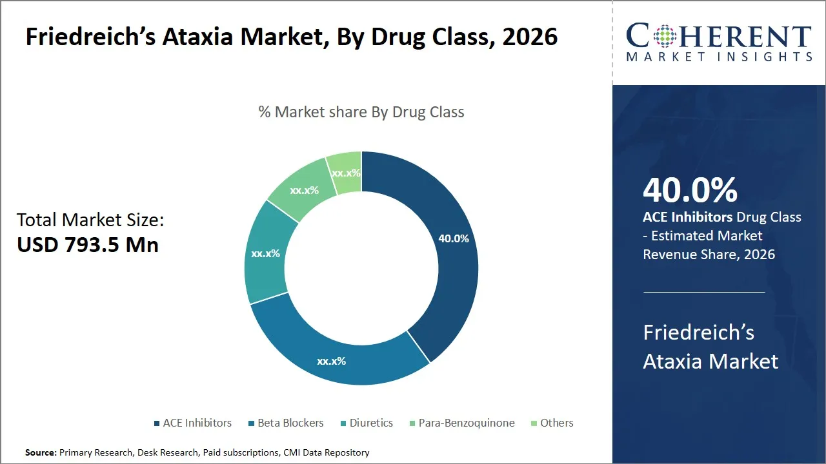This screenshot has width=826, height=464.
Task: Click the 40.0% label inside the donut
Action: click(x=453, y=238)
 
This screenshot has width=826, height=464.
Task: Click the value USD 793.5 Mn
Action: click(x=88, y=245)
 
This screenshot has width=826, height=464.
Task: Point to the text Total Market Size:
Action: click(x=90, y=220)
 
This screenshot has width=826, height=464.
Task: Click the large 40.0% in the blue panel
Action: click(x=690, y=190)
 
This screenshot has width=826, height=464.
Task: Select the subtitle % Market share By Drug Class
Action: click(x=361, y=111)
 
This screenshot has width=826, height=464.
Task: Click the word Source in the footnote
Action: click(x=40, y=452)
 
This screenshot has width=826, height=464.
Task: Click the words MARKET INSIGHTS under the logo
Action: click(x=719, y=57)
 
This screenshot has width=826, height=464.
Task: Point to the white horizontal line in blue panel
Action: click(x=704, y=292)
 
